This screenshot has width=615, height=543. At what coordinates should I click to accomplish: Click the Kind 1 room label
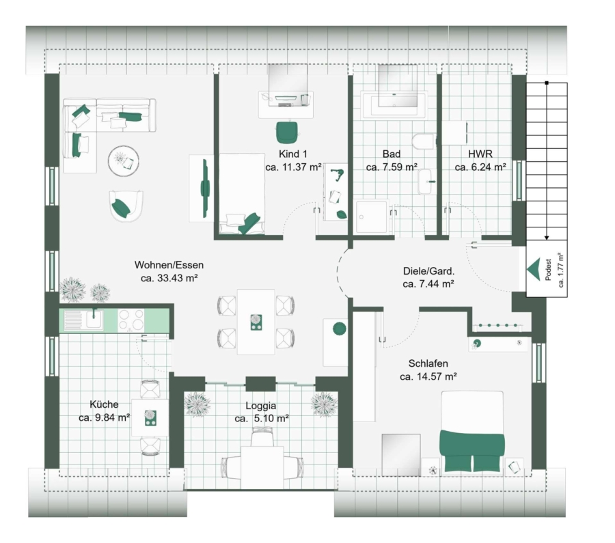click(293, 154)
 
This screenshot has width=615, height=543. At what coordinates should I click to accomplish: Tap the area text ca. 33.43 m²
click(169, 278)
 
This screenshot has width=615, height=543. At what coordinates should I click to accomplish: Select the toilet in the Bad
click(424, 141)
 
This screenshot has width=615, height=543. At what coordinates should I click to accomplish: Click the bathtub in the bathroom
click(394, 105)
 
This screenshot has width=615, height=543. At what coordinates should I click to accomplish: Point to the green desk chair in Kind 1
click(287, 133)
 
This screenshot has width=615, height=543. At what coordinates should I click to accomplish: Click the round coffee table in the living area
click(124, 161)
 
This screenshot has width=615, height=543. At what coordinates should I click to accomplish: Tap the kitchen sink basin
click(94, 319)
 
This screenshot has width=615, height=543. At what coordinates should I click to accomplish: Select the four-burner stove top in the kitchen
click(131, 320)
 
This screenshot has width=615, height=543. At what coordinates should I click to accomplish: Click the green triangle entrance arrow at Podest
click(534, 269)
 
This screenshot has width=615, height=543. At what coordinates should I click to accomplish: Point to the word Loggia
click(261, 406)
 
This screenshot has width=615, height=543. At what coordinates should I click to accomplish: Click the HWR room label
click(480, 154)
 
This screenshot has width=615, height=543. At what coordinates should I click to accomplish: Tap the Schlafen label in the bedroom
click(428, 363)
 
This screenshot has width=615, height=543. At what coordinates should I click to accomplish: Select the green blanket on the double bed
click(471, 450)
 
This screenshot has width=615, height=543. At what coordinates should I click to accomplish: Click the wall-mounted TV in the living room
click(205, 189)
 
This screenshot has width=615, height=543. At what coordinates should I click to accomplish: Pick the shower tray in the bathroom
click(371, 218)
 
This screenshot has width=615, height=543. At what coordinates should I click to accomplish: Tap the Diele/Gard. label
click(428, 271)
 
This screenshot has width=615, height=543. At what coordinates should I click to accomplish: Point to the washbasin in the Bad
click(425, 182)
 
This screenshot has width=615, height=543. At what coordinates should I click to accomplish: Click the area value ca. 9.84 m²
click(104, 417)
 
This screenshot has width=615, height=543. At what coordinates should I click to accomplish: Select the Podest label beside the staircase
click(548, 269)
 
